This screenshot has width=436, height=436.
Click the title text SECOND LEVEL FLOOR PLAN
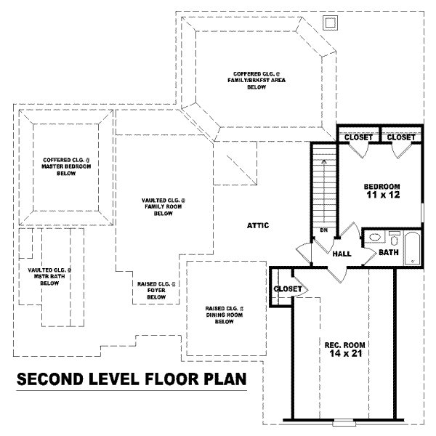click(x=132, y=379)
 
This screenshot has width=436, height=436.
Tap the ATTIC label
click(x=258, y=226)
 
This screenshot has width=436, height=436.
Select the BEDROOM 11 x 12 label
click(x=381, y=190)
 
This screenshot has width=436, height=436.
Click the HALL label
click(x=342, y=254)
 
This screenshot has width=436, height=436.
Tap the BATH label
click(x=388, y=252)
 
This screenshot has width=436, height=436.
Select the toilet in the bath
click(x=394, y=237)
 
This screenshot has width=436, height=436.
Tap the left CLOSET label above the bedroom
click(x=358, y=137)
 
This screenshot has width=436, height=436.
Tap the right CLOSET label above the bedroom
click(x=401, y=137)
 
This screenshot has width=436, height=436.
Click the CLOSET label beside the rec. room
click(x=287, y=289)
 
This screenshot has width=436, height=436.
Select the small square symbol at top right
click(x=330, y=23)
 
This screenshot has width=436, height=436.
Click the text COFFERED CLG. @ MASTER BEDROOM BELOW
click(x=65, y=166)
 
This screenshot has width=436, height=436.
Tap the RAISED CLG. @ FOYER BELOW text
click(x=156, y=291)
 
